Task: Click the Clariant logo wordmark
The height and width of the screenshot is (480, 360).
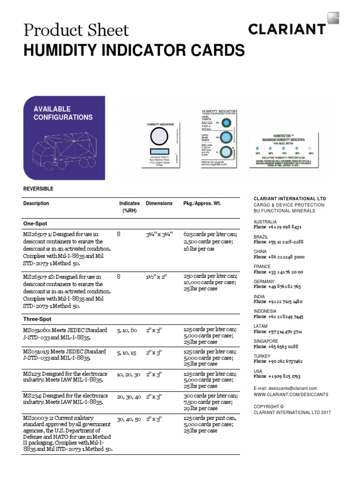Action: pyautogui.click(x=287, y=30)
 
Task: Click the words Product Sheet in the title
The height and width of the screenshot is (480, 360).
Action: pyautogui.click(x=76, y=30)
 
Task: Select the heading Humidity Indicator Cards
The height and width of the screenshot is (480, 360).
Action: pyautogui.click(x=134, y=50)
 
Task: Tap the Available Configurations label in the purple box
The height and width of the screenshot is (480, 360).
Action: pyautogui.click(x=63, y=113)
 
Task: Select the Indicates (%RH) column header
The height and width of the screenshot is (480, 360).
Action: pyautogui.click(x=129, y=207)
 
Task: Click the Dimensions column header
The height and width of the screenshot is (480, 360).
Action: pyautogui.click(x=159, y=203)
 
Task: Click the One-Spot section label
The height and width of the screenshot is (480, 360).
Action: pyautogui.click(x=35, y=224)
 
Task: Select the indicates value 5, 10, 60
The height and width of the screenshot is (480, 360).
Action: pyautogui.click(x=127, y=330)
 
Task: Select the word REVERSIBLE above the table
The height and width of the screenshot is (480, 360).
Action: pyautogui.click(x=38, y=188)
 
